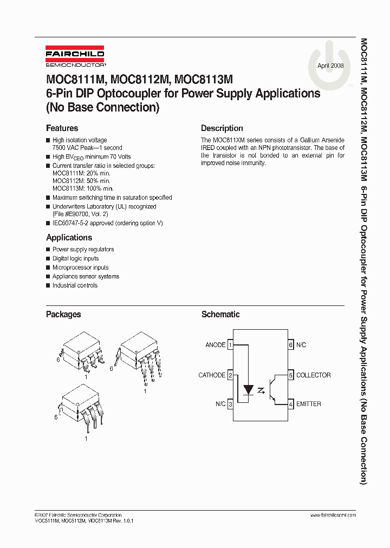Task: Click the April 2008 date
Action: (330, 66)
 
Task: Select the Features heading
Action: (62, 128)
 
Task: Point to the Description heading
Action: (222, 128)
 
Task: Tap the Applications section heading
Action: (69, 238)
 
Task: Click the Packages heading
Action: (63, 314)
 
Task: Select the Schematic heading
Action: (220, 314)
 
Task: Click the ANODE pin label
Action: (215, 345)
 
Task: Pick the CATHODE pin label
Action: (212, 375)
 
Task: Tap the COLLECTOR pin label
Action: (313, 375)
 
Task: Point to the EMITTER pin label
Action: (308, 404)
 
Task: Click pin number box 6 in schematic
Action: (290, 345)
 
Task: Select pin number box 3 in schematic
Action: (230, 404)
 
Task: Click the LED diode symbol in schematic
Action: (249, 389)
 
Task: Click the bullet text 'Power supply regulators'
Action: (83, 250)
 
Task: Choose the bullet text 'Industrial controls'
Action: (75, 285)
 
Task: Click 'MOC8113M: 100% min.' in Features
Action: (83, 188)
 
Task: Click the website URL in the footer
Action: (333, 515)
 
